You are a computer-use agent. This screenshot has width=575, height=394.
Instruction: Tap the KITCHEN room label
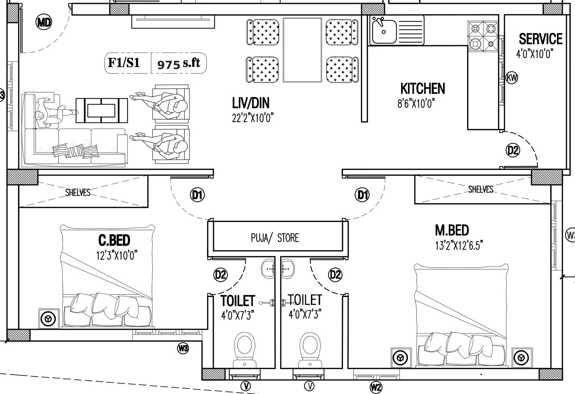pos(423,89)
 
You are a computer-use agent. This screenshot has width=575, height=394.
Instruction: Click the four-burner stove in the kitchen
pos(483,36)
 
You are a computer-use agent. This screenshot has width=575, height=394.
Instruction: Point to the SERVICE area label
pos(540,39)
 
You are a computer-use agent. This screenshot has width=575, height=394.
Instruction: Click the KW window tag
pos(512,78)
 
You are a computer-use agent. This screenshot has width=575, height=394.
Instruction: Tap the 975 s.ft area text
pos(179,63)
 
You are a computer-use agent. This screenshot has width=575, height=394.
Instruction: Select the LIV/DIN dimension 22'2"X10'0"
pos(253,118)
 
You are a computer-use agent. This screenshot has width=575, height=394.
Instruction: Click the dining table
pos(302,50)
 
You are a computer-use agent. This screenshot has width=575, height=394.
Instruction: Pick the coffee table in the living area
pos(102,110)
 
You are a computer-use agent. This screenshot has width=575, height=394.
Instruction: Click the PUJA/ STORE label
pos(275,238)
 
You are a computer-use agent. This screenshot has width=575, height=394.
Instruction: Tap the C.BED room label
pos(114,240)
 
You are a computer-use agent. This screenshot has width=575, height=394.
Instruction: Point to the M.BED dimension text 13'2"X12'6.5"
pos(459,245)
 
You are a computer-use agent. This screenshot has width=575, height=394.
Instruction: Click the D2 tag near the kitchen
pos(513,150)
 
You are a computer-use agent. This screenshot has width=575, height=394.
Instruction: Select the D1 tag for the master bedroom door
pos(362,195)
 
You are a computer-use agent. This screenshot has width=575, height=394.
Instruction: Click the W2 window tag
pos(376,387)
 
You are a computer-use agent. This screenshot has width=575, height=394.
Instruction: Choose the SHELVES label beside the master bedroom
pos(481,189)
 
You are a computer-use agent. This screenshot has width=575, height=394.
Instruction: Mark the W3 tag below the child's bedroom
pos(183,348)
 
